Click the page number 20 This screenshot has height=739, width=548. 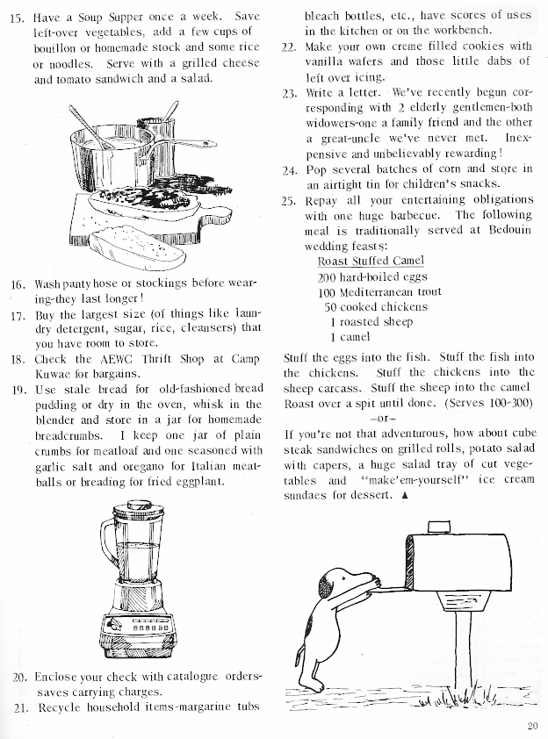pyautogui.click(x=532, y=724)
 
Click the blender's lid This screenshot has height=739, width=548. pyautogui.click(x=139, y=507)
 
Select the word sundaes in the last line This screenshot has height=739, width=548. pyautogui.click(x=311, y=495)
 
